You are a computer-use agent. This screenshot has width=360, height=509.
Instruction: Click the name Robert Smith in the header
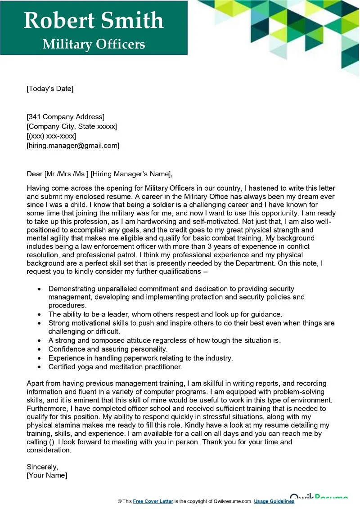(93, 20)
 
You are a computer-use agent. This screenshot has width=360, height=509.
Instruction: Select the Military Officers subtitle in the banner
(94, 44)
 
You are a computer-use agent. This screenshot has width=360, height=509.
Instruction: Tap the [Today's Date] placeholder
(49, 89)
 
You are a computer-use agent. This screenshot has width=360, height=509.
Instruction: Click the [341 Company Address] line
(65, 117)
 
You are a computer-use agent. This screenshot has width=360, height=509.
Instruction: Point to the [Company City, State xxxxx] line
(72, 126)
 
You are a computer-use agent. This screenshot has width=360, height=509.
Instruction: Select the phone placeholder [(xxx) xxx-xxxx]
(51, 136)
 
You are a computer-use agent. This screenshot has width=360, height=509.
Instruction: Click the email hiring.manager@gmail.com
(73, 145)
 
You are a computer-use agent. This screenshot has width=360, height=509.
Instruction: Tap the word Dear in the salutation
(34, 174)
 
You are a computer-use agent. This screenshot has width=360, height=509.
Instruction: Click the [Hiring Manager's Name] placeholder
(131, 174)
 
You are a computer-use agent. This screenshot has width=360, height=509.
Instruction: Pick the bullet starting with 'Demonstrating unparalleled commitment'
(171, 289)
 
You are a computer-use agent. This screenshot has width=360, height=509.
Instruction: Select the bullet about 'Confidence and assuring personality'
(108, 349)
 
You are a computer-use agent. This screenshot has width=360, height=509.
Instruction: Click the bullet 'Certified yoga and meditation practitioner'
(115, 367)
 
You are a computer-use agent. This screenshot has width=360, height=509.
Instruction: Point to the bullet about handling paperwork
(140, 358)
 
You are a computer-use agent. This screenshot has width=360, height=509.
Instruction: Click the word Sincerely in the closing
(42, 466)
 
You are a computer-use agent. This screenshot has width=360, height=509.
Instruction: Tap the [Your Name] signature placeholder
(47, 475)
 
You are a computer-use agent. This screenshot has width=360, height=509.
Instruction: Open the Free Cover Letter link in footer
(153, 501)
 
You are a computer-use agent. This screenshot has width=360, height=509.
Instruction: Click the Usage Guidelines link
(274, 501)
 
